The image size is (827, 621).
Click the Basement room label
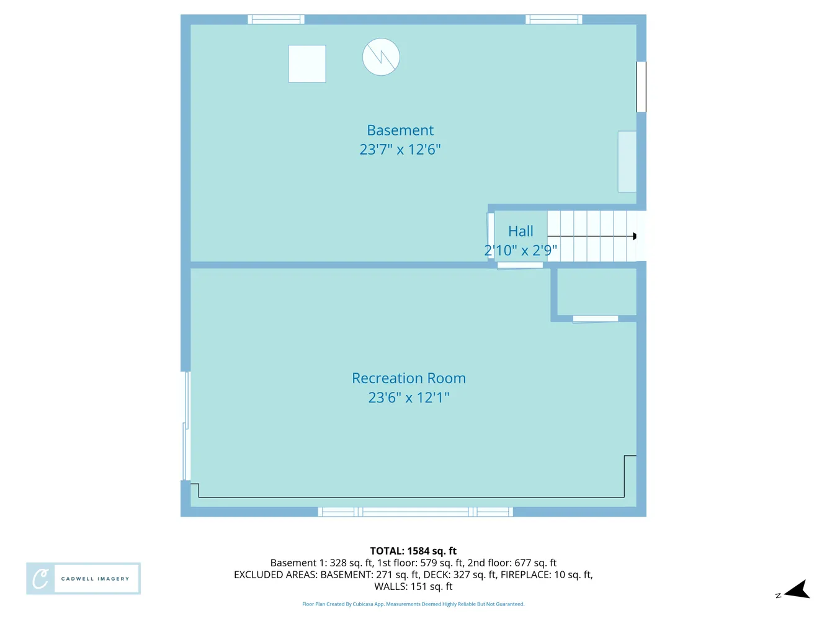point(400,130)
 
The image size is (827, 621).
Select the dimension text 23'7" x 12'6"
point(400,150)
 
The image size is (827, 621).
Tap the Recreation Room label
point(408,378)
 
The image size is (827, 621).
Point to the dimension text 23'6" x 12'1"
point(408,397)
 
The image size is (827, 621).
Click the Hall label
point(521,232)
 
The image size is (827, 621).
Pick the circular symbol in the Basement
point(381,57)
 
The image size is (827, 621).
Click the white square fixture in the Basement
point(307,64)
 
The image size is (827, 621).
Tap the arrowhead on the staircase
point(634,237)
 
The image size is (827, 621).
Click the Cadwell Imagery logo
point(83,579)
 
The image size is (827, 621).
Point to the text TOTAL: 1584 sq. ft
point(413,551)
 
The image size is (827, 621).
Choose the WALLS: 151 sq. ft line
point(413,586)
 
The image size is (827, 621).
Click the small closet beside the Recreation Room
point(596,292)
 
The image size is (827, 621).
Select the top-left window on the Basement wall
point(276,20)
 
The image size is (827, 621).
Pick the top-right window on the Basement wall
point(553,20)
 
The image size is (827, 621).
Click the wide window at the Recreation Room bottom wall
point(415,512)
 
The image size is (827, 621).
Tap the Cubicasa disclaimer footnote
point(413,604)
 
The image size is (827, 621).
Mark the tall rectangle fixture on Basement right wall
point(627,161)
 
